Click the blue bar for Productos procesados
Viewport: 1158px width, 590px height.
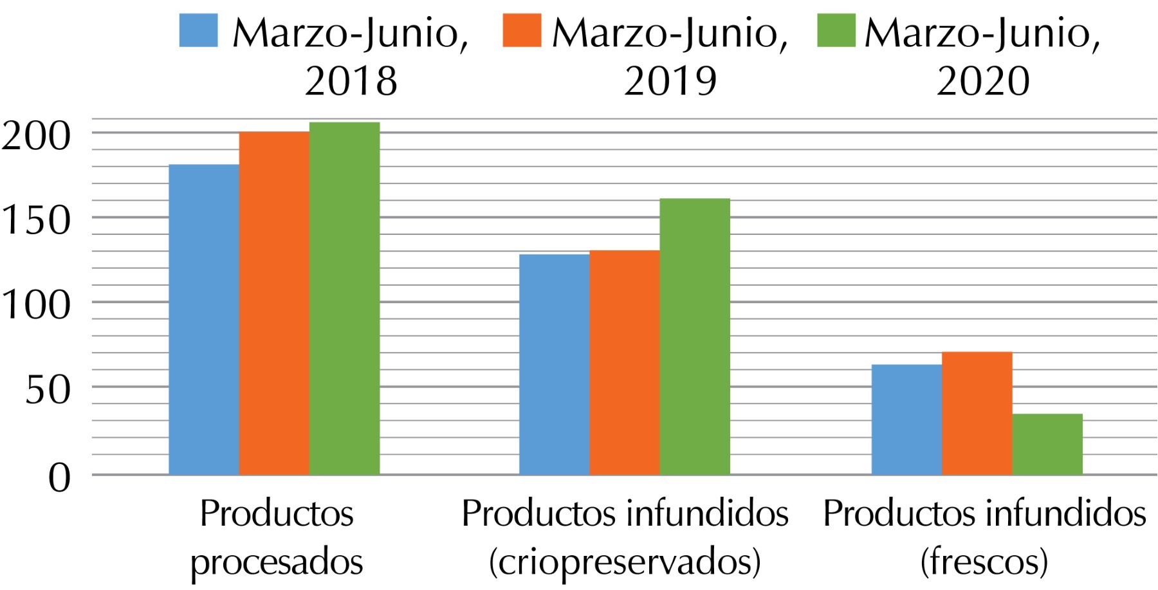pos(204,320)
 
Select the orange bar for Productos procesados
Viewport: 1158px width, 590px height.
pos(274,303)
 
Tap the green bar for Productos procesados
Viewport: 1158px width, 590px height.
pos(344,299)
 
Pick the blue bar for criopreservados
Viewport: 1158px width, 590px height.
pos(554,365)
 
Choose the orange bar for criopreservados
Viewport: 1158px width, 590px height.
pos(624,363)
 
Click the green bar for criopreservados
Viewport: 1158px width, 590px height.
pos(695,336)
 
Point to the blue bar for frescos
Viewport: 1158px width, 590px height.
pos(906,419)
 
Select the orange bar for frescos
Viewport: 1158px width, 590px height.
pos(977,413)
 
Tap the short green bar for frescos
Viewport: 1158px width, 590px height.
pos(1047,444)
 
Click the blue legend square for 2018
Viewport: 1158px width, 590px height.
pos(198,30)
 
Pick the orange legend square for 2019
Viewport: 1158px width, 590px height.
pos(521,30)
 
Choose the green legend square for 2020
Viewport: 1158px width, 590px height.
pos(836,30)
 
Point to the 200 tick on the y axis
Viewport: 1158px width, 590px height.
pos(36,136)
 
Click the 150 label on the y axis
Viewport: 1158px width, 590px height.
pos(36,220)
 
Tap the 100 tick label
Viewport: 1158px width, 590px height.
pos(36,304)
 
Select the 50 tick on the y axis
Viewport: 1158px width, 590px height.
pos(48,389)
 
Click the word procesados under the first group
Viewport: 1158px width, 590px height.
pos(277,562)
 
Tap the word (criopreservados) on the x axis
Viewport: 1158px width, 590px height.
pos(625,562)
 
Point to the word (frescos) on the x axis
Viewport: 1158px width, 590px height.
pos(984,562)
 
